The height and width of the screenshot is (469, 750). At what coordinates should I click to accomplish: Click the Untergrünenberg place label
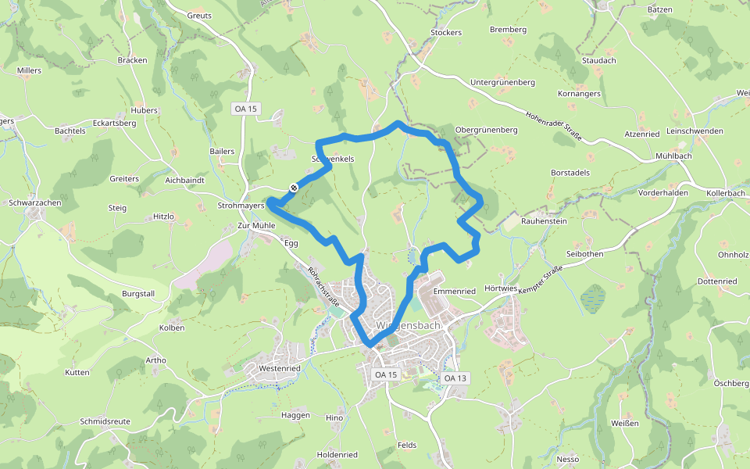point(502,82)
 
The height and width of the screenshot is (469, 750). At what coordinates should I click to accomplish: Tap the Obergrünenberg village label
point(486,129)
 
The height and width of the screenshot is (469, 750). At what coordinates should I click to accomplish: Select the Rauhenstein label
point(545,221)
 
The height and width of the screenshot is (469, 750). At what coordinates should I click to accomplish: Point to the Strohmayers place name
point(241,206)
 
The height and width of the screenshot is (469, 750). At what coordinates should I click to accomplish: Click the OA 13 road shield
point(455,378)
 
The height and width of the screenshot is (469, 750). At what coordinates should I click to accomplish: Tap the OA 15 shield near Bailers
point(245,109)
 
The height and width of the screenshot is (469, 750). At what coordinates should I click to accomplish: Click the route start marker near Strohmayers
point(294,188)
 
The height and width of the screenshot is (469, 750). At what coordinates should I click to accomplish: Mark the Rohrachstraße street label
point(323,286)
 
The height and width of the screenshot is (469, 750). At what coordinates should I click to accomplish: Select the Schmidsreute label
point(105,421)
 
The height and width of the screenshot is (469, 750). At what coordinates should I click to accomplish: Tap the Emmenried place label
point(454,291)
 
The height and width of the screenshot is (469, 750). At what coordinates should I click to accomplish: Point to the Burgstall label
point(138,294)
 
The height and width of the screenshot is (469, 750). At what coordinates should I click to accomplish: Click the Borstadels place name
point(570,172)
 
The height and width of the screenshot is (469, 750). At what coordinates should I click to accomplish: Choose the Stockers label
point(446,33)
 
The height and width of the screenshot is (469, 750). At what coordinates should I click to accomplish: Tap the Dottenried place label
point(716,281)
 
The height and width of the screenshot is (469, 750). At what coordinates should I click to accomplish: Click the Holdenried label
point(337,455)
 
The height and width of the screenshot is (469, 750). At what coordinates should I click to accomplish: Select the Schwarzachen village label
point(35,202)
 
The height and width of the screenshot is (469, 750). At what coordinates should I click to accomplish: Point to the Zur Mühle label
point(256,225)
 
